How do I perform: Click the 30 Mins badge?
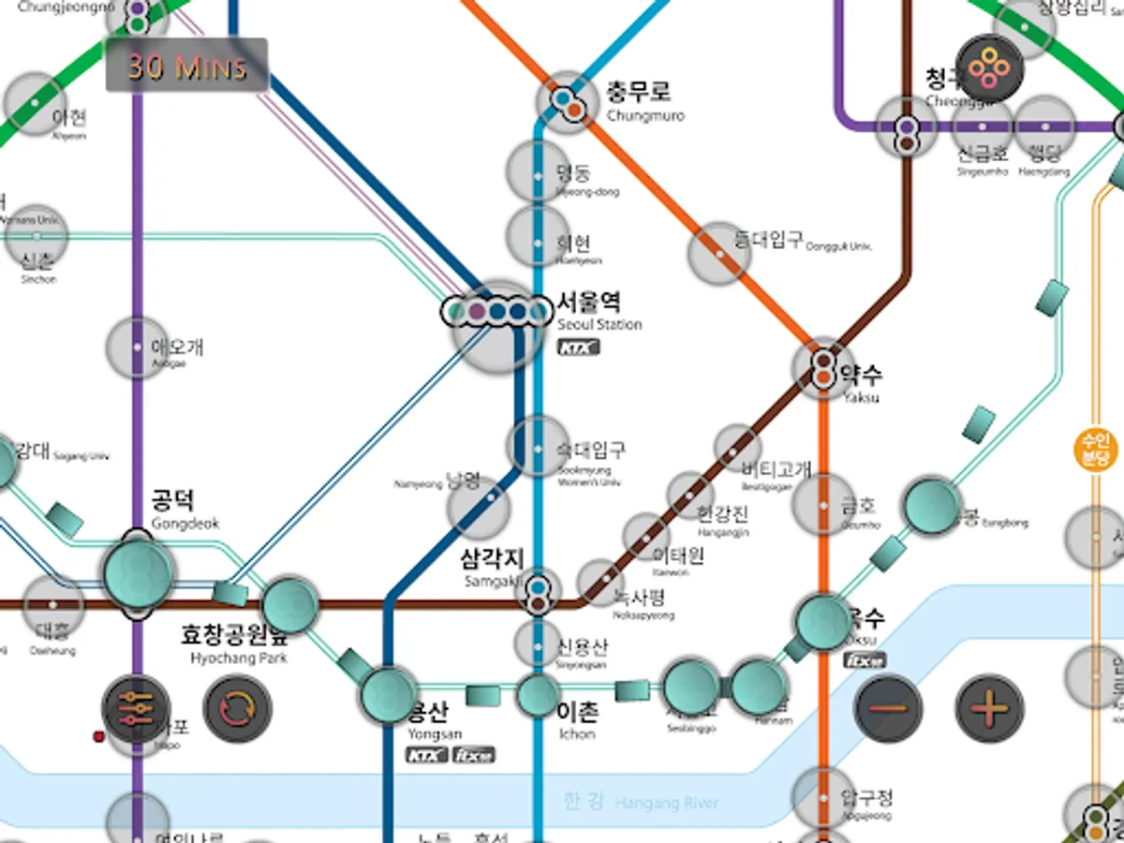pos(186,66)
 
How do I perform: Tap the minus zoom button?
pos(888,708)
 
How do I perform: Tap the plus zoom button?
pos(989,708)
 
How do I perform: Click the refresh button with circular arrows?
pos(238,708)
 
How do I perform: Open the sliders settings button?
pos(136,708)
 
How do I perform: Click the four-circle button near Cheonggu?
pos(989,67)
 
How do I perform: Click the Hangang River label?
pos(641,802)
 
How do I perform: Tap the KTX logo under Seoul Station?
pos(578,348)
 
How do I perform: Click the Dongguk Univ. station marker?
pos(718,252)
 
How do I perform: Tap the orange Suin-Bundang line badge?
pos(1094,450)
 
